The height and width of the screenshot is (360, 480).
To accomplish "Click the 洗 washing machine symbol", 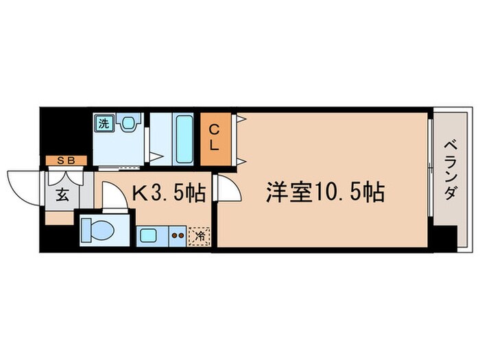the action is click(104, 123).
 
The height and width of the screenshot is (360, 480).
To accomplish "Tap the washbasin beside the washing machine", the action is click(129, 123).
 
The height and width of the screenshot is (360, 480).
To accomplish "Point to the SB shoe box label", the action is click(67, 160).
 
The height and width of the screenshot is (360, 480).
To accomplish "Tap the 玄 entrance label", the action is click(62, 195).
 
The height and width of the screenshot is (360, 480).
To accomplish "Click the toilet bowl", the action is click(97, 230).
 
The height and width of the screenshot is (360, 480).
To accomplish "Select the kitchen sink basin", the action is click(149, 236).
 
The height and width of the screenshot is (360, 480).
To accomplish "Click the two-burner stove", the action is click(178, 236).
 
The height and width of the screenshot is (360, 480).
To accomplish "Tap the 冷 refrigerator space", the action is click(200, 237).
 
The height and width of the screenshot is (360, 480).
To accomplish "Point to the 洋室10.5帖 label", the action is click(325, 193).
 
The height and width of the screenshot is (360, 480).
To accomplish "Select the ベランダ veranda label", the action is click(451, 170).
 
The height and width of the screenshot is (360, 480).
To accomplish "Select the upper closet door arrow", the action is click(241, 119).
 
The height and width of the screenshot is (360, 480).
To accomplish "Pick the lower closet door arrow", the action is click(241, 161).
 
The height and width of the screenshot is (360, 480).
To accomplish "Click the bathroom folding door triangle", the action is click(156, 157).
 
